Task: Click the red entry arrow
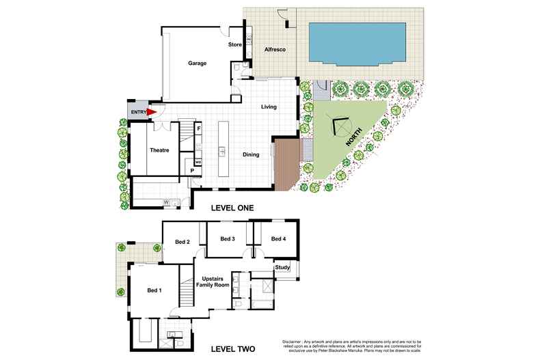coord(152,113)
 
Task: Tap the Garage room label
coord(198,64)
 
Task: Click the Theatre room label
coord(159,150)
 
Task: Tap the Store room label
coord(234,45)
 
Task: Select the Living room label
coord(272,107)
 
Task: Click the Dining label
coord(251,154)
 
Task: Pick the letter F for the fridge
coord(198,128)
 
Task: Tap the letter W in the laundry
coord(166,202)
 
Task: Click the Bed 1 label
coord(154,290)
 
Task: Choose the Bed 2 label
coord(181,242)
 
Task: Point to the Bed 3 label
coord(228,238)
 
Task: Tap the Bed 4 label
coord(278,238)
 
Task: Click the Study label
coord(282,267)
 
